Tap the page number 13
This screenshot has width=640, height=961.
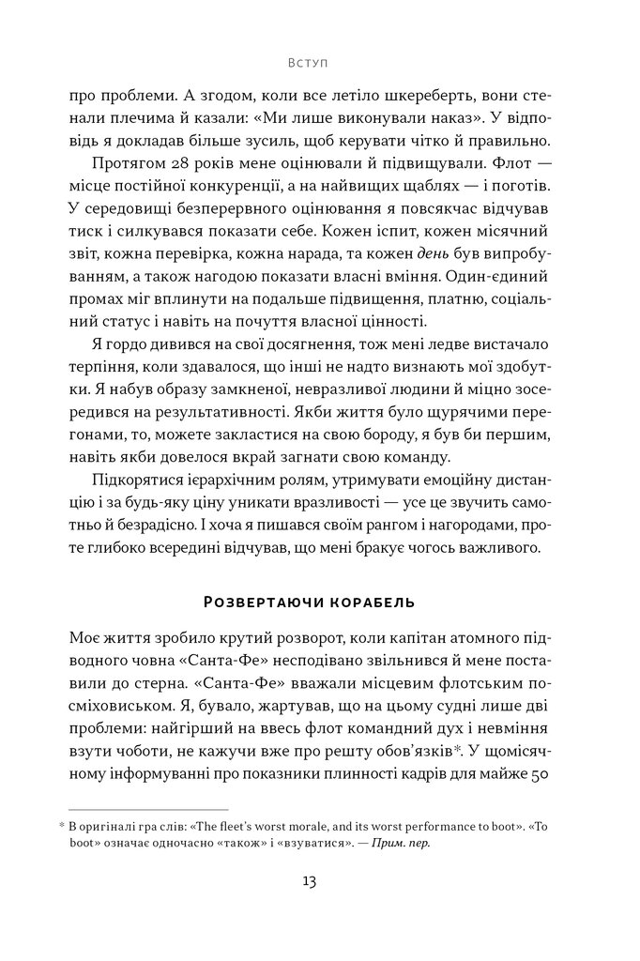pyautogui.click(x=309, y=881)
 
